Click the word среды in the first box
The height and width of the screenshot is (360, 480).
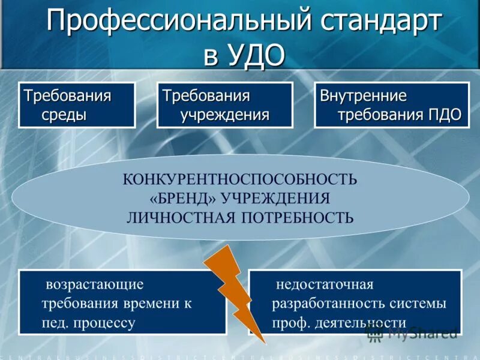click(64, 114)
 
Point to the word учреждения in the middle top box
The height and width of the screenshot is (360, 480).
click(225, 114)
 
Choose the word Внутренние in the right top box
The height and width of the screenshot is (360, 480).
click(363, 96)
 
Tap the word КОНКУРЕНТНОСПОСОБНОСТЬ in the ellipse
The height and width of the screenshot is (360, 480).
click(240, 179)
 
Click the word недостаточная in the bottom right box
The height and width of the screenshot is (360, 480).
click(324, 284)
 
